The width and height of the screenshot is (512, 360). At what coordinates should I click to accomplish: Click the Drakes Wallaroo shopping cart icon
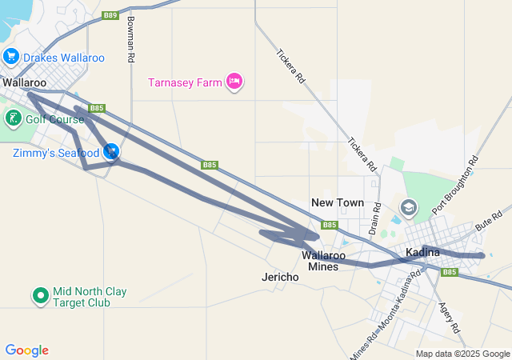[x=11, y=57]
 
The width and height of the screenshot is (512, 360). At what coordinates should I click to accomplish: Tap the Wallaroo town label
[x=24, y=82]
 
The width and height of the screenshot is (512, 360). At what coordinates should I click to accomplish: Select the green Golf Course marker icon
[x=13, y=119]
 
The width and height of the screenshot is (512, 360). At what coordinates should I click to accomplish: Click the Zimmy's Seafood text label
[x=55, y=152]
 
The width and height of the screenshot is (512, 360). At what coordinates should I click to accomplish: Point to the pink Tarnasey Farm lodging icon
[x=234, y=81]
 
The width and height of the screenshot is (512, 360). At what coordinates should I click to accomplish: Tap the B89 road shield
[x=110, y=15]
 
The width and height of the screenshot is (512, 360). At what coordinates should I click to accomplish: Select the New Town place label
[x=337, y=203]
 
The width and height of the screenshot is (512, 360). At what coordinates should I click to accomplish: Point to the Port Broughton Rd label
[x=454, y=185]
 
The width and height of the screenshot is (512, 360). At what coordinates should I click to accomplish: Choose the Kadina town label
[x=422, y=253]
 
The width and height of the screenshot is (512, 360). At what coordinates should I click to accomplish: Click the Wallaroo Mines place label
[x=324, y=261]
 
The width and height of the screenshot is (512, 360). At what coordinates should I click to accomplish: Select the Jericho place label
[x=280, y=277]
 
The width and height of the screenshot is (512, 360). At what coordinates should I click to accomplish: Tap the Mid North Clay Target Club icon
[x=41, y=296]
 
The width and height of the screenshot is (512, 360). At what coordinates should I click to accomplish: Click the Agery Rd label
[x=448, y=316]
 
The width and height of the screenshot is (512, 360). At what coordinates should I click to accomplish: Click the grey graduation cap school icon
[x=409, y=208]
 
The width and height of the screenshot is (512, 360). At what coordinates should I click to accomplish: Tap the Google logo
[x=26, y=350]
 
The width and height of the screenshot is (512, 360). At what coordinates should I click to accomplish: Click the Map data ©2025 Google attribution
[x=462, y=354]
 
